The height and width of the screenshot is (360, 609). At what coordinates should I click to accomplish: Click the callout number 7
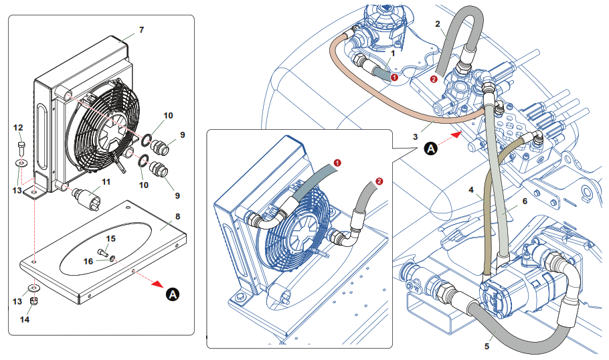pyautogui.click(x=141, y=29)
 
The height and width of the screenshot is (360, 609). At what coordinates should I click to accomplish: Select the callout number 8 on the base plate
pyautogui.click(x=177, y=216)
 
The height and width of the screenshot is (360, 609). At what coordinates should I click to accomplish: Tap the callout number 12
pyautogui.click(x=18, y=127)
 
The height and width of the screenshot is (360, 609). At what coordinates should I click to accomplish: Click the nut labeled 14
pyautogui.click(x=33, y=300)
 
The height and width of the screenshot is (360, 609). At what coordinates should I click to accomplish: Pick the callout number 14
pyautogui.click(x=25, y=319)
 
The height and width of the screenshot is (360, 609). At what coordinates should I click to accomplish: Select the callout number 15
pyautogui.click(x=111, y=238)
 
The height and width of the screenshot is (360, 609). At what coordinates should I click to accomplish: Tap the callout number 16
pyautogui.click(x=88, y=261)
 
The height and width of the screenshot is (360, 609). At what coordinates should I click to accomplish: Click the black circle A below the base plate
pyautogui.click(x=173, y=294)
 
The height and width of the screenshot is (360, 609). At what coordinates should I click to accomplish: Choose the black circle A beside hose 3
pyautogui.click(x=431, y=149)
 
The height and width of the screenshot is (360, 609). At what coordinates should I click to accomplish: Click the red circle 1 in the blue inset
pyautogui.click(x=337, y=163)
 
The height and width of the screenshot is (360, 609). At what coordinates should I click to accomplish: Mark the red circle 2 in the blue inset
pyautogui.click(x=379, y=181)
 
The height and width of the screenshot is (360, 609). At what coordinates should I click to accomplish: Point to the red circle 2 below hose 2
pyautogui.click(x=434, y=79)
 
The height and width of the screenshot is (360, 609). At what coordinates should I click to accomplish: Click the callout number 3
pyautogui.click(x=416, y=137)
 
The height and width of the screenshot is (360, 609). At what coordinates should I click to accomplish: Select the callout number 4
pyautogui.click(x=471, y=190)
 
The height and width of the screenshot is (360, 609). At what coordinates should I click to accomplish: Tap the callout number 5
pyautogui.click(x=487, y=346)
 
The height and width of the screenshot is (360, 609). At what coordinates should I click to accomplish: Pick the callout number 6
pyautogui.click(x=525, y=201)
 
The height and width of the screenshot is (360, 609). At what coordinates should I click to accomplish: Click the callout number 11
pyautogui.click(x=106, y=182)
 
